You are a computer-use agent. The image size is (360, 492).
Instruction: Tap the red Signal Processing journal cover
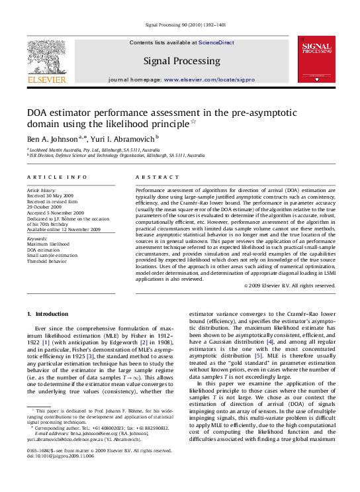click(x=316, y=60)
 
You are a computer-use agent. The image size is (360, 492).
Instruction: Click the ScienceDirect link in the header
click(x=216, y=42)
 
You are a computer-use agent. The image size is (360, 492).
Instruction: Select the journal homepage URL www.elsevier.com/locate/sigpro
click(x=209, y=79)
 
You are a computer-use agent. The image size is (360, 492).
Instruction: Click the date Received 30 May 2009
click(x=50, y=196)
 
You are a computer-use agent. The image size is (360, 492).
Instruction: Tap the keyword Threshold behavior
click(x=46, y=262)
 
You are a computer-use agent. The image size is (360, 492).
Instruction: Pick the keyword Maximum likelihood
click(x=48, y=244)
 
